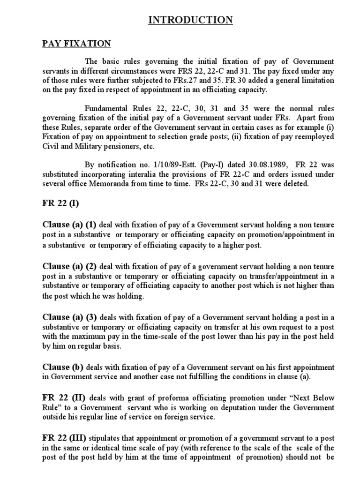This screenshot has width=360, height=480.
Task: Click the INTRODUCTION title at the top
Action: click(190, 20)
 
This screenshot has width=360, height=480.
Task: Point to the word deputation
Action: click(241, 408)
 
